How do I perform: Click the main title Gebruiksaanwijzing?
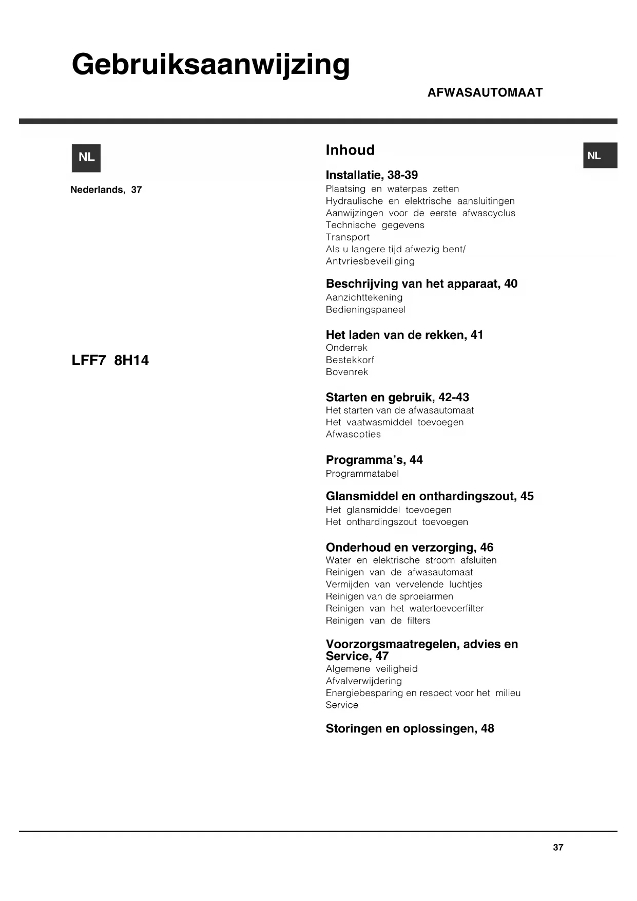[x=210, y=66]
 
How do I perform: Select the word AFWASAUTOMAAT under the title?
[x=485, y=92]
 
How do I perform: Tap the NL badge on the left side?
[x=86, y=158]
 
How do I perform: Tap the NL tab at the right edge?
[x=599, y=156]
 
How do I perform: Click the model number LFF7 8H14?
[x=110, y=361]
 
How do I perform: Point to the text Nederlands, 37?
[x=106, y=190]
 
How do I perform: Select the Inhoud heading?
[x=350, y=150]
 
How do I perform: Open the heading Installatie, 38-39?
[x=372, y=175]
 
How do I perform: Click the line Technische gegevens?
[x=375, y=225]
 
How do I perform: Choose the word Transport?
[x=348, y=237]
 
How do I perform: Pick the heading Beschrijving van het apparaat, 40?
[x=421, y=284]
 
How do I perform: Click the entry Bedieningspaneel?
[x=365, y=310]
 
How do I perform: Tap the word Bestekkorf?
[x=350, y=360]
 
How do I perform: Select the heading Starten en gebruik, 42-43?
[x=397, y=397]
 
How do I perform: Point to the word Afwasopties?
[x=353, y=435]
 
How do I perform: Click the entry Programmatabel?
[x=362, y=474]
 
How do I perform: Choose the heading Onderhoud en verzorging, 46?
[x=409, y=548]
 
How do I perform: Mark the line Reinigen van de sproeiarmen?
[x=389, y=596]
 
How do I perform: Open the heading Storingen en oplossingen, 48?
[x=410, y=728]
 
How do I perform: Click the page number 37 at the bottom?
[x=558, y=848]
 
